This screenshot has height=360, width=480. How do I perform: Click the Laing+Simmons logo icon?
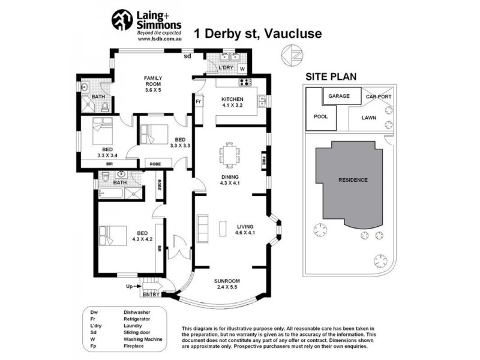[x=122, y=20]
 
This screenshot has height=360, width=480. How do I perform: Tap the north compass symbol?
[x=292, y=56]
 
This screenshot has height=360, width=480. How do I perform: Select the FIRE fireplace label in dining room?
[x=263, y=161]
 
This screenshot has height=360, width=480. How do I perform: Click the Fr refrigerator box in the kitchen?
[x=199, y=101]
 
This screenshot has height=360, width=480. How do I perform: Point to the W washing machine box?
[x=242, y=68]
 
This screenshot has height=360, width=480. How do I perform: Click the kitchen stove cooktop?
[x=245, y=82]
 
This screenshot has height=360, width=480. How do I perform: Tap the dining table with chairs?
[x=230, y=155]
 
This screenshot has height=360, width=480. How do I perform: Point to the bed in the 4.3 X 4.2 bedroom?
[x=113, y=235]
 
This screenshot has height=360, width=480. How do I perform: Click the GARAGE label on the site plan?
[x=339, y=96]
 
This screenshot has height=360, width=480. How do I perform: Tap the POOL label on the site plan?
[x=321, y=116]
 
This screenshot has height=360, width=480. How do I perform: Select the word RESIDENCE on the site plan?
[x=353, y=180]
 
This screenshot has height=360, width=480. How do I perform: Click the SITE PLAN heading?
[x=331, y=77]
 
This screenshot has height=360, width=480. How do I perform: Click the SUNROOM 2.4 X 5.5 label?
[x=227, y=284]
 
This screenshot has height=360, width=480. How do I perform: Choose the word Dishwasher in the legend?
[x=137, y=312]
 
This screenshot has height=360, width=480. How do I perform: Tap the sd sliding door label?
[x=187, y=56]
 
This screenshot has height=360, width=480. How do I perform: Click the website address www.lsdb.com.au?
[x=160, y=39]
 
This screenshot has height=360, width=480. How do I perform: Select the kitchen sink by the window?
[x=262, y=101]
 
